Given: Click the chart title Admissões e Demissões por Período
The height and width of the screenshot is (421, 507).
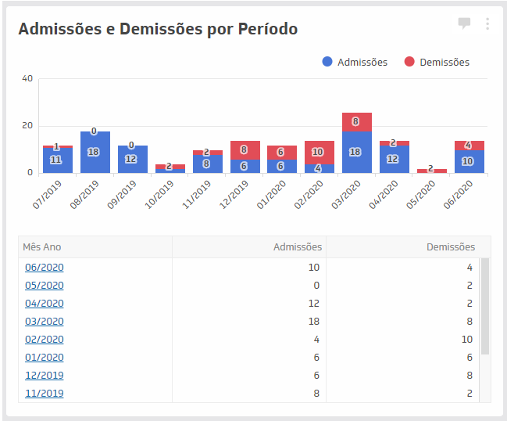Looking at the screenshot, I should tap(157, 30).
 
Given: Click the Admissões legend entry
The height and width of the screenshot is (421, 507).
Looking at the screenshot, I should tap(355, 62).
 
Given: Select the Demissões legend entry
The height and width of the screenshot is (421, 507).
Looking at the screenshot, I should tap(437, 62).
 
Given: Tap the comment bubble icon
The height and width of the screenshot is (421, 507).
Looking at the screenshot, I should tap(464, 23).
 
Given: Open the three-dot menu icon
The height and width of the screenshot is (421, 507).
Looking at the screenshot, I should tap(487, 23).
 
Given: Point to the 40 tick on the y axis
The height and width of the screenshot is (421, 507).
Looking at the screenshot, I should tap(27, 79).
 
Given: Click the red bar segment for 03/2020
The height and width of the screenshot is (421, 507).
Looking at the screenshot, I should tap(355, 122).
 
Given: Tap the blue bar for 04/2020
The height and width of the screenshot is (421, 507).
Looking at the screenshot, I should tap(393, 159).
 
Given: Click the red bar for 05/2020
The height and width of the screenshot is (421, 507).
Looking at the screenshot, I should tap(430, 170).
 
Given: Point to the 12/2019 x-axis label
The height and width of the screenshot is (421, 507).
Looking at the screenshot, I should tap(235, 193).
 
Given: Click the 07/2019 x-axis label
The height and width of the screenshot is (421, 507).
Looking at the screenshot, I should tap(48, 193).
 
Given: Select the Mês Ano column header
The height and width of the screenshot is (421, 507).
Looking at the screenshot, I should tap(42, 247).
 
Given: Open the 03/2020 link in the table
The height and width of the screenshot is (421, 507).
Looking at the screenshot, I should tap(44, 321).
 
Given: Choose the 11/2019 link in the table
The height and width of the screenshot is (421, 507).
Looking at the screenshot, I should tap(44, 393).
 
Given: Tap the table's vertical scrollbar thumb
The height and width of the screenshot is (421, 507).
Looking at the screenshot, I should tap(484, 306).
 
